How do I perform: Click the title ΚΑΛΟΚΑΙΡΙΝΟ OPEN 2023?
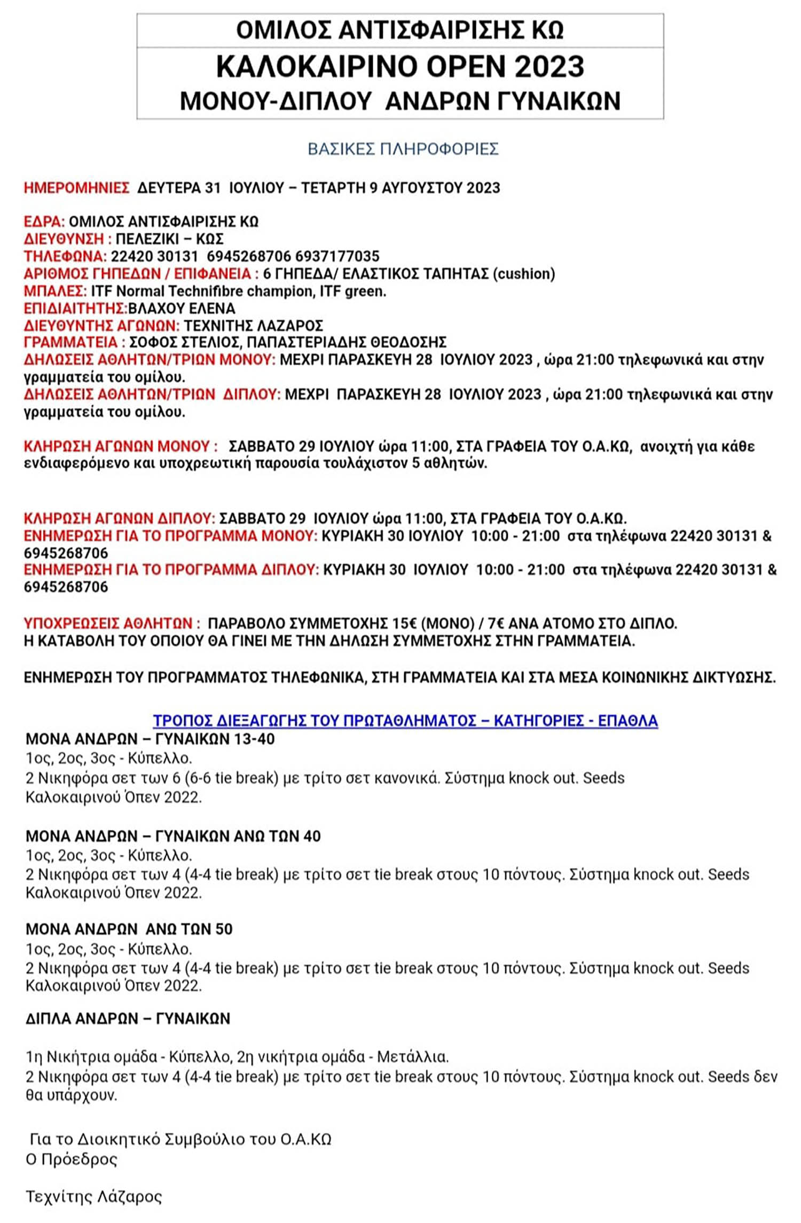(x=400, y=67)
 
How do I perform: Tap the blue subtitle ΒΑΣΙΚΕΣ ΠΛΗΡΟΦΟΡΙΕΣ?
(x=403, y=149)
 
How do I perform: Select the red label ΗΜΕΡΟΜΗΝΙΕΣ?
(x=76, y=188)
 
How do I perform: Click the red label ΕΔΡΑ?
(x=44, y=222)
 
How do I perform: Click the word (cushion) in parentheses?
(x=523, y=274)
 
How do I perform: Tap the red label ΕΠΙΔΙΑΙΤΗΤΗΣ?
(x=75, y=309)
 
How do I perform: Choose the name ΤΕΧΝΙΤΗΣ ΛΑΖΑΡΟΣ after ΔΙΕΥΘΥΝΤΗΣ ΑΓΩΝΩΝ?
(x=253, y=326)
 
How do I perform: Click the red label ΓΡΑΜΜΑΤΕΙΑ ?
(x=74, y=342)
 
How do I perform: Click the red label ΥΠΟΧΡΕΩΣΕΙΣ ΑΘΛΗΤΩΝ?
(x=112, y=624)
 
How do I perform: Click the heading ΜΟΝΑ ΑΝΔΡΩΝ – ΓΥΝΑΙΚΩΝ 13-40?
(x=150, y=739)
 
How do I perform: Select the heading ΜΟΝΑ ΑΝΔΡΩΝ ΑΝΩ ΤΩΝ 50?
(x=129, y=929)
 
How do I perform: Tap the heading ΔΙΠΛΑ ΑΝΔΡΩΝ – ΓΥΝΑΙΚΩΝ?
(x=128, y=1019)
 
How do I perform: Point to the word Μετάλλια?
(x=412, y=1056)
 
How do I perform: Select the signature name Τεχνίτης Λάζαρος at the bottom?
(x=93, y=1197)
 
